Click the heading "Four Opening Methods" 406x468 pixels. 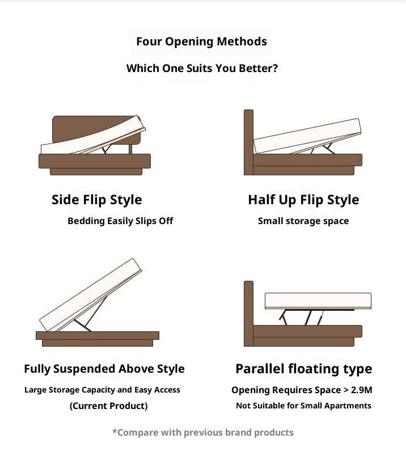[x=201, y=41]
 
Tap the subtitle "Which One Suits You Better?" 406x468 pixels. [x=202, y=68]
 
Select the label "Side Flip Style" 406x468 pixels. [x=96, y=200]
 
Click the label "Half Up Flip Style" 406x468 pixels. [x=303, y=200]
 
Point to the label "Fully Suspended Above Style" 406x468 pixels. [x=104, y=369]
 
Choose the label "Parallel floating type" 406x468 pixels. [x=304, y=369]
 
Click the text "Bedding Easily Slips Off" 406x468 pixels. [x=120, y=221]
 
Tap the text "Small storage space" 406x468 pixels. [x=303, y=221]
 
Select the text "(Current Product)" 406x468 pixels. [x=108, y=406]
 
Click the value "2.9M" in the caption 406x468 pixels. [x=362, y=390]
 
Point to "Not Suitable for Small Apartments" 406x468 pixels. [x=303, y=406]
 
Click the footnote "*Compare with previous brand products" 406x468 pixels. [x=203, y=432]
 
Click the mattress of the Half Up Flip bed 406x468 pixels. [x=307, y=136]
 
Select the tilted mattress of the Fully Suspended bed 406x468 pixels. [x=90, y=294]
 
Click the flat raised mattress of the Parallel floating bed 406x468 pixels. [x=318, y=301]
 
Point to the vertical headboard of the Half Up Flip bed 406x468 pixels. [x=248, y=142]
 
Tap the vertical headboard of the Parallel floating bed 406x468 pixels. [x=248, y=313]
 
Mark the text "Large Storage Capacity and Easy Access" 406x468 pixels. [x=102, y=390]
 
